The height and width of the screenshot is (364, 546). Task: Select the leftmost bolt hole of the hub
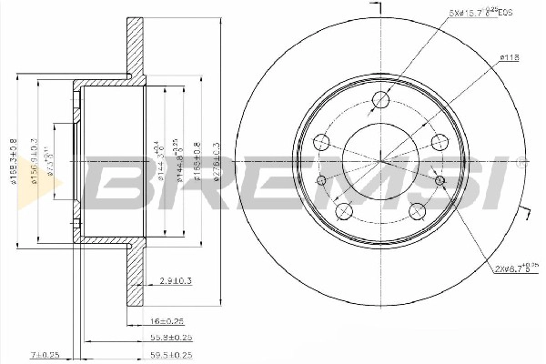(x=321, y=142)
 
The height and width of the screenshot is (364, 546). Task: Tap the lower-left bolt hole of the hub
(x=344, y=212)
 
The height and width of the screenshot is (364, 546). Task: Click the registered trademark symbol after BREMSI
(x=521, y=165)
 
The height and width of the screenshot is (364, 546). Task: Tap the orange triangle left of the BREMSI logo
(x=52, y=189)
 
